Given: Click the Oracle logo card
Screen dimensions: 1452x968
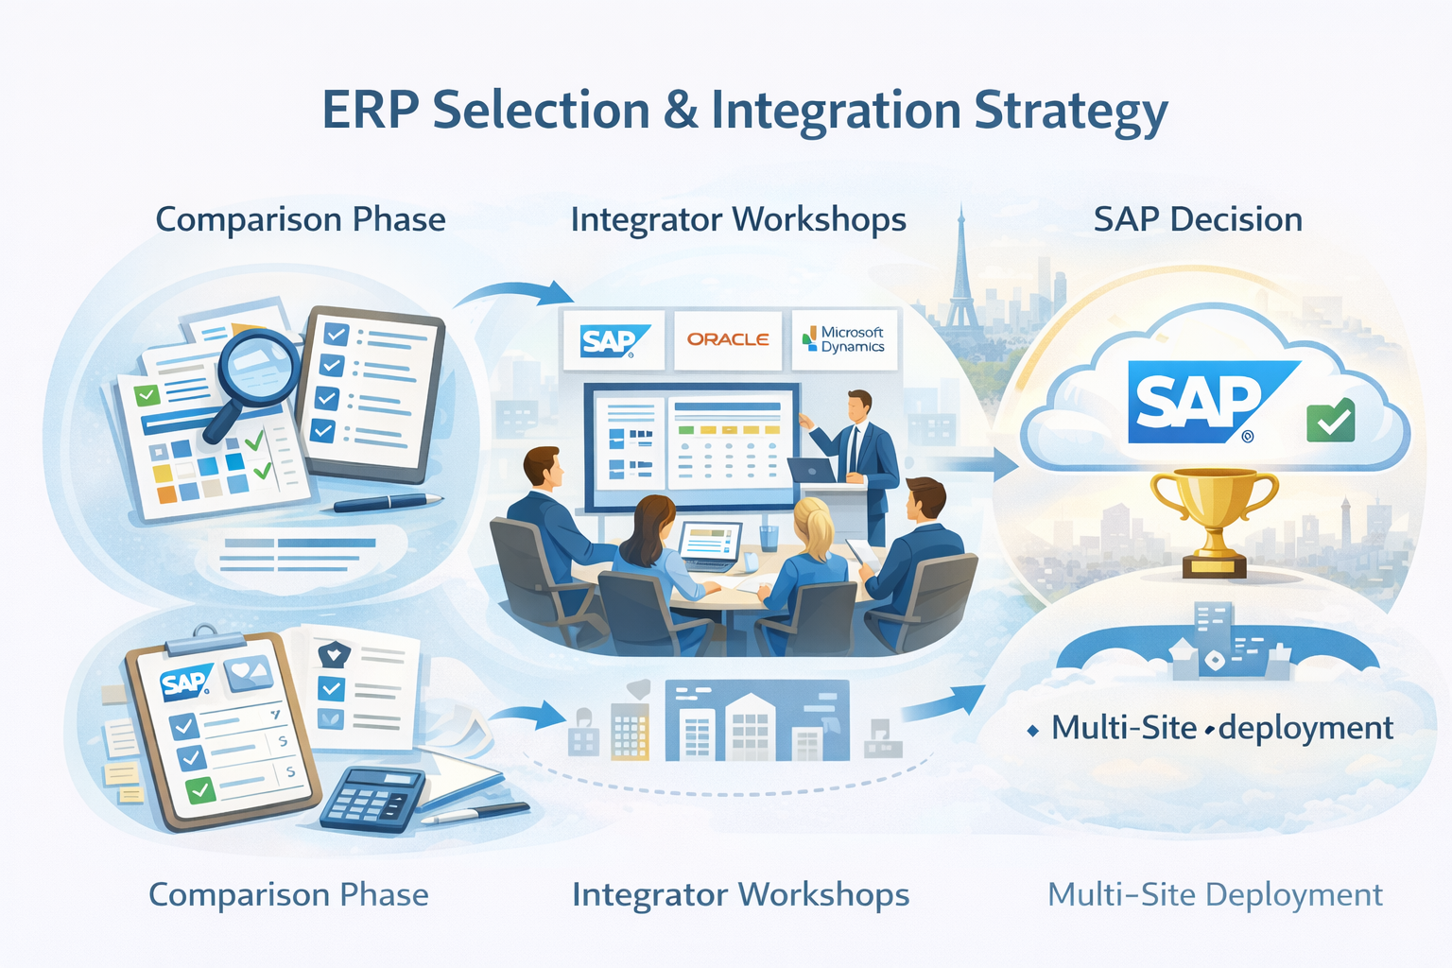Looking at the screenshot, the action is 728,339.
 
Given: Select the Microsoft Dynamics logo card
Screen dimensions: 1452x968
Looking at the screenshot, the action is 844,339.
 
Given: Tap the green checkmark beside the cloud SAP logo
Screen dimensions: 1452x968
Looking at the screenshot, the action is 1330,420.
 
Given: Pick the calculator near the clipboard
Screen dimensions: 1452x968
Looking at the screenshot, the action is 372,799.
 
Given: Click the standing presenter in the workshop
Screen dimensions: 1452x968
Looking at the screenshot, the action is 856,463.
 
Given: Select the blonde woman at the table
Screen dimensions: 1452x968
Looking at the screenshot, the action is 807,571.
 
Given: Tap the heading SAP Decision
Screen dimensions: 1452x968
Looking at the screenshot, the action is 1198,219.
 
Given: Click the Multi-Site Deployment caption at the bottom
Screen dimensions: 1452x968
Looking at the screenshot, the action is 1216,895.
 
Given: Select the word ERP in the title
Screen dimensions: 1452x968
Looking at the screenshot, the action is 371,111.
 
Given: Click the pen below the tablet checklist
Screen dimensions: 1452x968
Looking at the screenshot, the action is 388,503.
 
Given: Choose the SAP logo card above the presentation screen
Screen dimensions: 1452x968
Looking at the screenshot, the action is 614,339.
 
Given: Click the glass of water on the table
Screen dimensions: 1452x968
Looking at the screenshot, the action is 769,537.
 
